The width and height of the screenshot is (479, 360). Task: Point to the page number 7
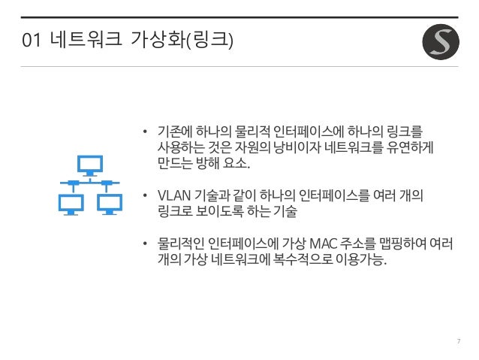457,343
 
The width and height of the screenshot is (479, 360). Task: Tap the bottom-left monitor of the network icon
71,203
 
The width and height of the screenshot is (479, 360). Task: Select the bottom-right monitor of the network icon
107,203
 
